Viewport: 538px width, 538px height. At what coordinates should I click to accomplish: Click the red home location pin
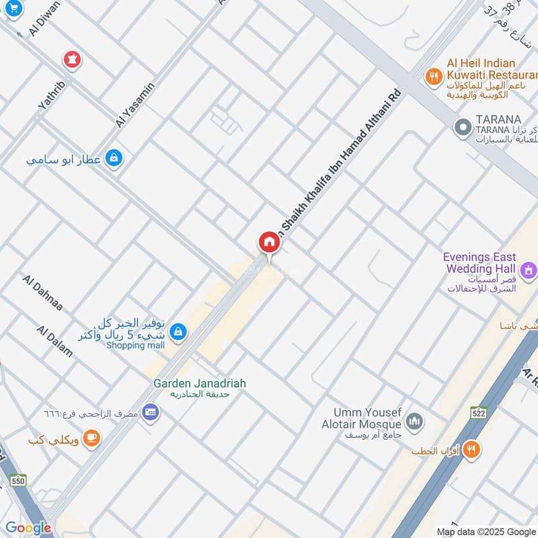point(269,243)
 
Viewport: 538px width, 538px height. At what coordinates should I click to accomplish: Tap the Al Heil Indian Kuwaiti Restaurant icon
point(434,77)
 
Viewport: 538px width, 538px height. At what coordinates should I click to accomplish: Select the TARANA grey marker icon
point(462,126)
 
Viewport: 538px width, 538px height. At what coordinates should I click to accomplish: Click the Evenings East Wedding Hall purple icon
point(529,270)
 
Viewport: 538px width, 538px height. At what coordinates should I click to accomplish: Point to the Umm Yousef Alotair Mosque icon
point(415,422)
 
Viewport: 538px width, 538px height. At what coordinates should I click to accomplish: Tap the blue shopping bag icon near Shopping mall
point(178,330)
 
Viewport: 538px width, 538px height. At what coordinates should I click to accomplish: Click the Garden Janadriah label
point(200,383)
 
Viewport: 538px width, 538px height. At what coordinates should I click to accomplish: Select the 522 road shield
point(479,414)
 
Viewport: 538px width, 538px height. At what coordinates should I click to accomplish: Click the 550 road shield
point(18,480)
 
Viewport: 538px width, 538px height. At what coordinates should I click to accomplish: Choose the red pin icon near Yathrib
point(72,60)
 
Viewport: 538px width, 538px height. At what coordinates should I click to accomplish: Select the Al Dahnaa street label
point(42,293)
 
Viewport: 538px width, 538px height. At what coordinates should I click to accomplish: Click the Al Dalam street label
point(54,341)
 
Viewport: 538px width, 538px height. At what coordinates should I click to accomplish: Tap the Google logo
point(28,528)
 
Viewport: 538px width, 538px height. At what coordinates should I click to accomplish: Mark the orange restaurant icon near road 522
point(472,449)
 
